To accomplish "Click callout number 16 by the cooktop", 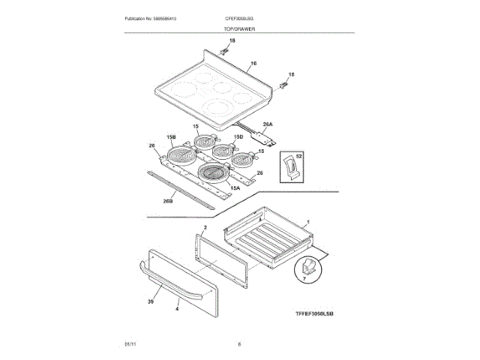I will [253, 64].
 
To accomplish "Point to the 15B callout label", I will [171, 137].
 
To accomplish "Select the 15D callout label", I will [238, 136].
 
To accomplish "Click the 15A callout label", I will [235, 187].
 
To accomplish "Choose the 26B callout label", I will [168, 201].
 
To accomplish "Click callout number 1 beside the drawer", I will [308, 223].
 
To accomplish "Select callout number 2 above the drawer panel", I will [205, 226].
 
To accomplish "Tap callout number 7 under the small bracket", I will [304, 278].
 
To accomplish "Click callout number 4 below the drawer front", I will [177, 308].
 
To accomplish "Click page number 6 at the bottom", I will [239, 344].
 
